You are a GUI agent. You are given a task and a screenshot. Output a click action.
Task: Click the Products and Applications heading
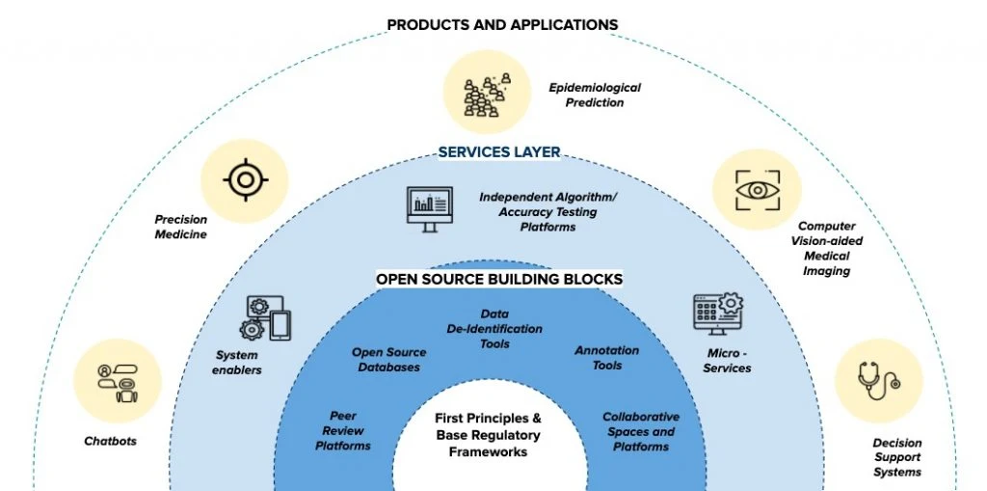[502, 24]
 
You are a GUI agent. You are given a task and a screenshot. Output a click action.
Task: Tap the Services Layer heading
[499, 151]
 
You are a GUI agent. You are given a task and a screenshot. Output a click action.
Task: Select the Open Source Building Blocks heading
[499, 279]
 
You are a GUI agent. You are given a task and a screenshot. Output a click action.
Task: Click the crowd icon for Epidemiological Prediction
[487, 95]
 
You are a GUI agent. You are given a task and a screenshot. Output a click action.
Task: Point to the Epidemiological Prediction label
[594, 95]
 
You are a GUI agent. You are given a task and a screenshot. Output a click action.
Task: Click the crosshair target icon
[246, 180]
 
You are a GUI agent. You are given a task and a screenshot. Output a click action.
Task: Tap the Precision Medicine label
[180, 227]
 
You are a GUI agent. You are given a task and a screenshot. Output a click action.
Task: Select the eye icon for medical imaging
[758, 190]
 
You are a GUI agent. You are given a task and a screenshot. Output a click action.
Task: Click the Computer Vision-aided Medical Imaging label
[826, 248]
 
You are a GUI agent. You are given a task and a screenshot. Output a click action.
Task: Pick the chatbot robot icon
[118, 383]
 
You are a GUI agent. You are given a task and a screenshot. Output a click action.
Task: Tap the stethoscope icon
[879, 380]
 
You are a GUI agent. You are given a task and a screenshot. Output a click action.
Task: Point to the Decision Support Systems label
[897, 457]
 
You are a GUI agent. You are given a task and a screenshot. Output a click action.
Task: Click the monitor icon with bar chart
[429, 209]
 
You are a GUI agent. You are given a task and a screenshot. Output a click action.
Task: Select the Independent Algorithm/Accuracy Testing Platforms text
[547, 212]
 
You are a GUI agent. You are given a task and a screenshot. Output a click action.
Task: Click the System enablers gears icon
[266, 318]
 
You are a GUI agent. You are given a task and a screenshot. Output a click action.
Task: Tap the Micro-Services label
[727, 361]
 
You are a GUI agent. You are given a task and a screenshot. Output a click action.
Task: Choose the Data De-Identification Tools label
[494, 329]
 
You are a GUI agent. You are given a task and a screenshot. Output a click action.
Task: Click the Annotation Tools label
[607, 357]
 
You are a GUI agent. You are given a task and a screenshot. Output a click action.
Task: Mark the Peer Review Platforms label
[343, 431]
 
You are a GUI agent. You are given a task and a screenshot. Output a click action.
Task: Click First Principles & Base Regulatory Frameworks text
[488, 435]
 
